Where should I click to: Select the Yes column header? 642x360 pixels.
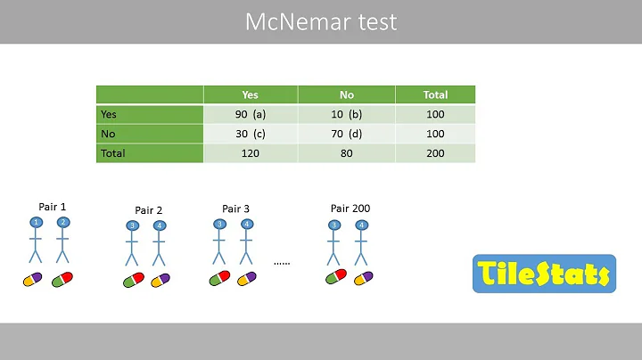251,94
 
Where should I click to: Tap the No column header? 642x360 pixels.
347,94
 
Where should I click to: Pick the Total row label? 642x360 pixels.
113,153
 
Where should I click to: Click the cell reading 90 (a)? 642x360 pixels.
251,114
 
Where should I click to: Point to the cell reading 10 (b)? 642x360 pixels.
347,114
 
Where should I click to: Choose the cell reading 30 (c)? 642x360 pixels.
251,134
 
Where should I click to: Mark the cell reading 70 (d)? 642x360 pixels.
347,134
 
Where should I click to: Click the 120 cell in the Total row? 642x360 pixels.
251,153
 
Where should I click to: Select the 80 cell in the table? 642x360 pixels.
347,153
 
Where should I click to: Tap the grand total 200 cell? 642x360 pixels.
435,153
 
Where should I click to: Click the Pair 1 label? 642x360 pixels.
53,207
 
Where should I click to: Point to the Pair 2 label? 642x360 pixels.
147,210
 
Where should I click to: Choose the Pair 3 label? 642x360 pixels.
235,209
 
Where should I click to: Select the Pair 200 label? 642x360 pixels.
350,209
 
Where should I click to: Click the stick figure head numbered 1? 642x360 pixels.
37,222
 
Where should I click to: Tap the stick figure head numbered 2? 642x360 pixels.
62,222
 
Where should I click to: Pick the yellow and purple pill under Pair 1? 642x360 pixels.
34,280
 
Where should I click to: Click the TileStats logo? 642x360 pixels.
543,274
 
